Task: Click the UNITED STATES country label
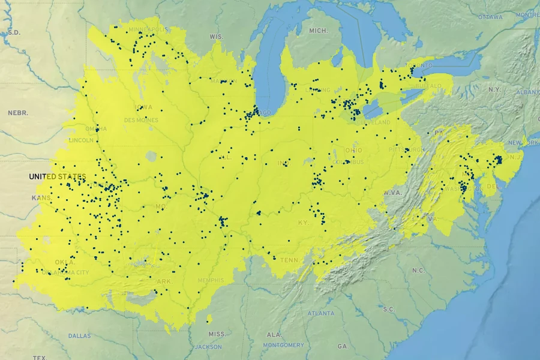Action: (x=58, y=176)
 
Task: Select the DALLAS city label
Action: (x=79, y=335)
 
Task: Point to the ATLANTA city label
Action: (x=322, y=313)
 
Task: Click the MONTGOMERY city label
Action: (x=283, y=345)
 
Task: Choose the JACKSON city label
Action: (x=208, y=347)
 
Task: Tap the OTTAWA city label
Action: (x=491, y=17)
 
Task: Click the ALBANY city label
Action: (x=527, y=92)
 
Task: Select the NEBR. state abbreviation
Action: (x=18, y=113)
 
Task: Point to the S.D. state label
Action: (x=13, y=32)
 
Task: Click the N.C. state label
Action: (x=418, y=270)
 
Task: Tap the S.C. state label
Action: (x=388, y=309)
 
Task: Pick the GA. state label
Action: (x=343, y=346)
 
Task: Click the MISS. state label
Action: (x=217, y=334)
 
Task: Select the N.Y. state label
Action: (x=494, y=89)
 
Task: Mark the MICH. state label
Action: (x=318, y=31)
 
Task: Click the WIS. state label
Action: (x=216, y=37)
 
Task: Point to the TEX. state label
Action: (x=39, y=358)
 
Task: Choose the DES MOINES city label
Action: (x=141, y=120)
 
